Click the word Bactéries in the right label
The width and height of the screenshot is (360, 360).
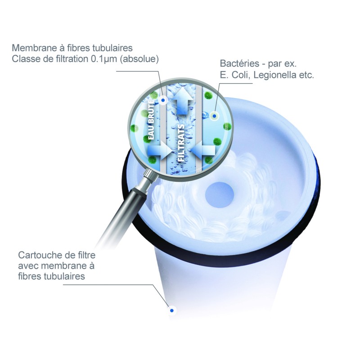(x=239, y=63)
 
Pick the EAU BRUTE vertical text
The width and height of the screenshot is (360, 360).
(x=151, y=120)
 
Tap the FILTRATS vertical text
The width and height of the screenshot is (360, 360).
(x=181, y=143)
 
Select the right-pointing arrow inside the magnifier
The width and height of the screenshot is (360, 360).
(x=159, y=150)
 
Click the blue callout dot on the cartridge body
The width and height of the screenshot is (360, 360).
(x=172, y=310)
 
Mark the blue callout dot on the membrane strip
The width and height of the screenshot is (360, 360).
(x=163, y=100)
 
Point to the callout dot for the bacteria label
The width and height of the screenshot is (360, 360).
(x=214, y=116)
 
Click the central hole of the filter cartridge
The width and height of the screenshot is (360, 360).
(x=220, y=195)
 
